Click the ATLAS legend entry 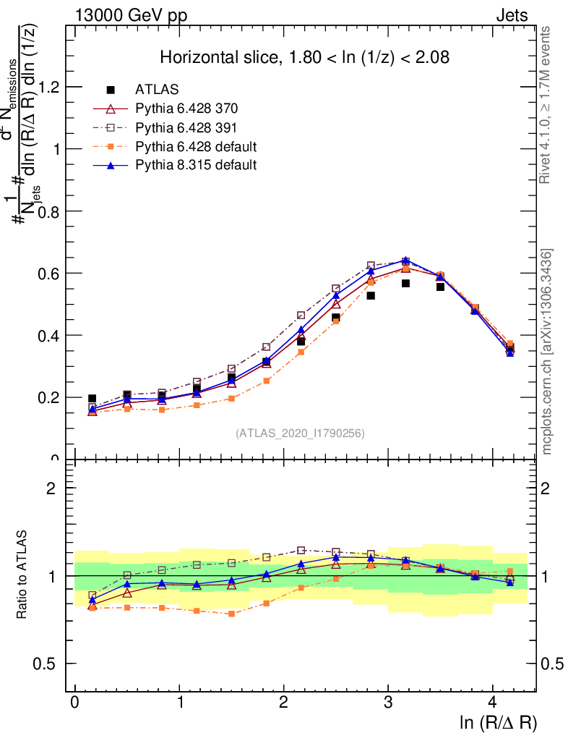[157, 90]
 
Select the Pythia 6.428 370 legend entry [186, 109]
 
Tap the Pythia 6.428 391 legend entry [186, 127]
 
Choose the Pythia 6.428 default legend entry [196, 146]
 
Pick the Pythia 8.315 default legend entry [196, 165]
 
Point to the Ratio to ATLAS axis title [22, 575]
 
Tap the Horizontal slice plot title [304, 57]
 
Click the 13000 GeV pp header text [131, 15]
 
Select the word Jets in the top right [511, 15]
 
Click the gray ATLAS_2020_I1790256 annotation [300, 433]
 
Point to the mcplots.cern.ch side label [547, 352]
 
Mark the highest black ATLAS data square [406, 284]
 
